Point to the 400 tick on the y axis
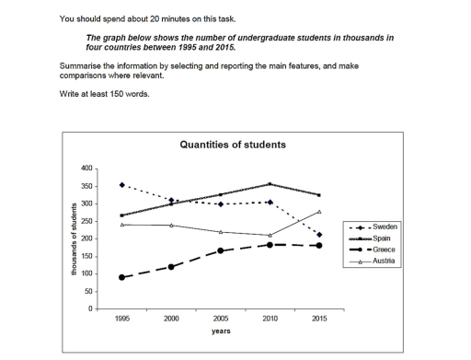[x=87, y=168]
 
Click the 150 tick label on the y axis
[x=87, y=256]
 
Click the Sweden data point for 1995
[x=122, y=185]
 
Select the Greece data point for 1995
[x=122, y=277]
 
